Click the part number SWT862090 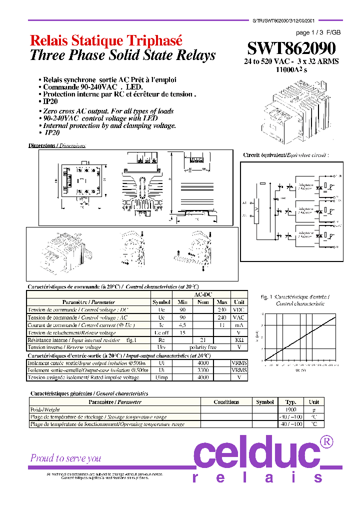click(x=291, y=48)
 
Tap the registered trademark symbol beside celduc click(x=326, y=442)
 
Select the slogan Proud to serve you click(x=65, y=458)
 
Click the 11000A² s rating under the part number click(x=291, y=70)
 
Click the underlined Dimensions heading click(x=57, y=145)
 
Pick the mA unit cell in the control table click(x=239, y=325)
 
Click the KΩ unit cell click(x=239, y=340)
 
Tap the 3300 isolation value click(x=202, y=370)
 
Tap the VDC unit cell click(x=239, y=310)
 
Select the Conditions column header click(x=226, y=402)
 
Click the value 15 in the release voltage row click(x=182, y=332)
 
